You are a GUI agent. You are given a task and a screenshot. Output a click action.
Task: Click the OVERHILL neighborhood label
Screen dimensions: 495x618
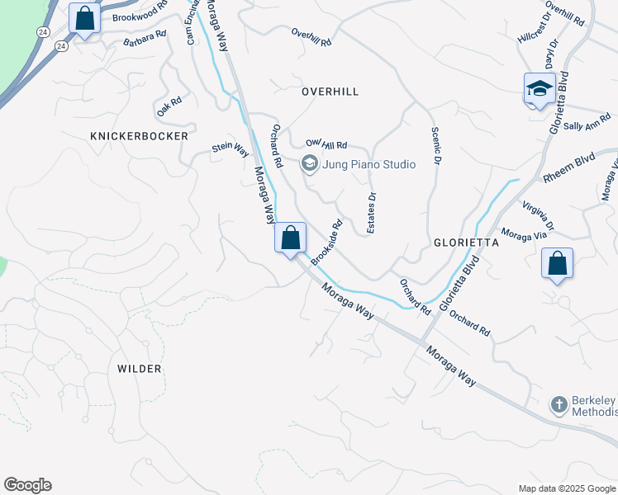[330, 92]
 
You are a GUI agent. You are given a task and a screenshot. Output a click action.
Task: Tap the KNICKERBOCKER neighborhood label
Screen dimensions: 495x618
[139, 135]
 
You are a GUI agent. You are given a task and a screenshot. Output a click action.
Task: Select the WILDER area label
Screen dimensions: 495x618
[139, 369]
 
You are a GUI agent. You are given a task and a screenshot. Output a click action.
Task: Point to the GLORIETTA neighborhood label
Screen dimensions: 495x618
[466, 243]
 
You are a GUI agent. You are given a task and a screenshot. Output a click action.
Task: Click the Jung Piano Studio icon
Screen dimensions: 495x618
[310, 163]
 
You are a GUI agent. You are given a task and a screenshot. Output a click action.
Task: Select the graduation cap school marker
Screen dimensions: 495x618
[540, 88]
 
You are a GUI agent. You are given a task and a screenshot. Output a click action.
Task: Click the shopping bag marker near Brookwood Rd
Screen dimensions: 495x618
[84, 17]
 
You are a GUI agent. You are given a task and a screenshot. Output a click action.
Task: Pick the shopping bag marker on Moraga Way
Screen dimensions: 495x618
[291, 238]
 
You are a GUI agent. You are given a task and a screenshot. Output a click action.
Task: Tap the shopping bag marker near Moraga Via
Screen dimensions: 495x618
[558, 264]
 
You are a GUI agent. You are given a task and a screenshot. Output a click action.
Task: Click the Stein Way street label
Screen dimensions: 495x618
[231, 148]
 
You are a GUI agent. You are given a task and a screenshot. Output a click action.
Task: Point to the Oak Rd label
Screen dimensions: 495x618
[169, 106]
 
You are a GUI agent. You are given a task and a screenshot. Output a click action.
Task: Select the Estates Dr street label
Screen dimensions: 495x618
[372, 213]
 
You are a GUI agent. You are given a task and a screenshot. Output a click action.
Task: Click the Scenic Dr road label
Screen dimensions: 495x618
[435, 146]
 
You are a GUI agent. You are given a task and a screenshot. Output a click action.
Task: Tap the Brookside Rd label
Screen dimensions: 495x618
[326, 242]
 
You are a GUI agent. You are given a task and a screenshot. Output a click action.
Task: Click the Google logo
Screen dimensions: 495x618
[27, 485]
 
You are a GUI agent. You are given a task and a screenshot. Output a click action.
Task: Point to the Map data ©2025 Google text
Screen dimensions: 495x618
[568, 488]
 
